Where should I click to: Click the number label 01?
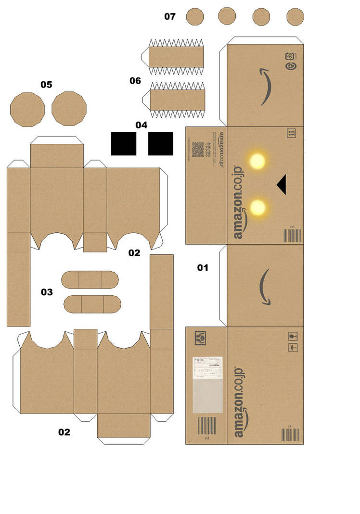203,267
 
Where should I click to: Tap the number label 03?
47,292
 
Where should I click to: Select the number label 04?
141,125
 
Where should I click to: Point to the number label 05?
46,85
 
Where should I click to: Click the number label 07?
170,16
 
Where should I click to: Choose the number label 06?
135,81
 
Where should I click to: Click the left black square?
124,143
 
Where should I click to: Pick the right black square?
160,143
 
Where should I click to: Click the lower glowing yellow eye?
258,207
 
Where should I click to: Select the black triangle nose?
281,184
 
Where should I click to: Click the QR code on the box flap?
198,150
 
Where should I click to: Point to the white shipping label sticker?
207,384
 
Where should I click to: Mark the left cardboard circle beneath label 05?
27,109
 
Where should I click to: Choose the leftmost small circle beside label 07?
195,16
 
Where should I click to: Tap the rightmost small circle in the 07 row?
295,17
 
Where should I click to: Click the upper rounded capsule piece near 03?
90,279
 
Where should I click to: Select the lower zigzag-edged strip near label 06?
177,100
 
